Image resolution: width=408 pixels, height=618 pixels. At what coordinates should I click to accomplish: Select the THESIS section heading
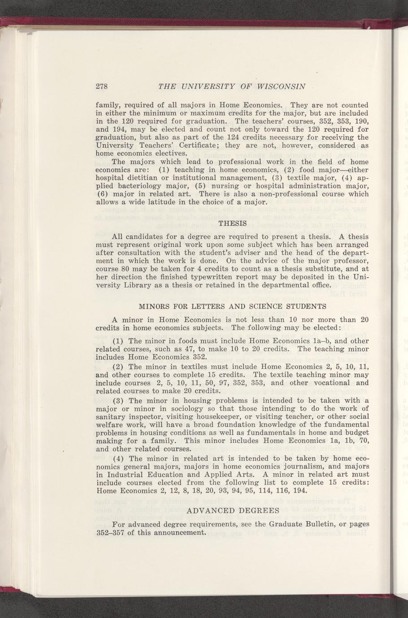[232, 223]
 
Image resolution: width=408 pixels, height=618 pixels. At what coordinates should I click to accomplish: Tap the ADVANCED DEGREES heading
[232, 511]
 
